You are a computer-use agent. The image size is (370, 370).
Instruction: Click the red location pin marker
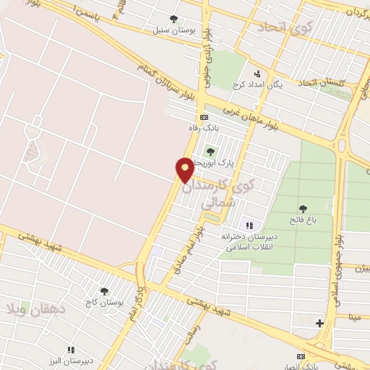[x=185, y=170]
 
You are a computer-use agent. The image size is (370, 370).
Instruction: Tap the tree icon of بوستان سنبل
[x=172, y=19]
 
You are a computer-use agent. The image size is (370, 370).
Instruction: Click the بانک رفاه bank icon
[x=204, y=117]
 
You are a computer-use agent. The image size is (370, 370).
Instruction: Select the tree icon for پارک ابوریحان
[x=210, y=151]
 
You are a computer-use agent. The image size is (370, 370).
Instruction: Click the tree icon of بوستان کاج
[x=104, y=291]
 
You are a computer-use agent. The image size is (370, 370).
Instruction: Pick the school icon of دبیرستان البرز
[x=71, y=349]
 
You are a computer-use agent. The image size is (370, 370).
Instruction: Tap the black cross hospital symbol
[x=320, y=323]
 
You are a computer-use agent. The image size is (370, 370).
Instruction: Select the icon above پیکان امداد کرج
[x=257, y=73]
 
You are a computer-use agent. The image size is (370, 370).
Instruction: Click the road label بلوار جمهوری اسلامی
[x=337, y=260]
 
